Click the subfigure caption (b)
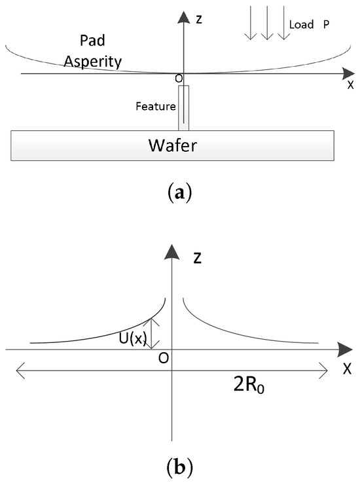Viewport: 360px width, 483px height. (x=180, y=467)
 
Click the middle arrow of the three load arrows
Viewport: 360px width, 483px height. (x=266, y=26)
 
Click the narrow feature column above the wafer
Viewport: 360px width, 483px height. (x=184, y=107)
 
